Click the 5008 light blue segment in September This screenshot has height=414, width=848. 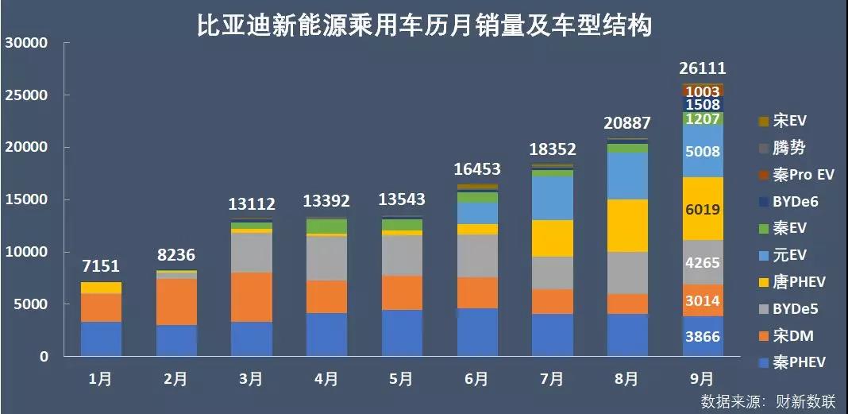[702, 152]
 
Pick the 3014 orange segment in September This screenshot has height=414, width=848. [702, 300]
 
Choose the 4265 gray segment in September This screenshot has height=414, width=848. [702, 263]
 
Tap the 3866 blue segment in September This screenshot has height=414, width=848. [702, 337]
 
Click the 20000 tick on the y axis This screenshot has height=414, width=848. [27, 148]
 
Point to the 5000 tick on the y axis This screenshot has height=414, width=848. [31, 304]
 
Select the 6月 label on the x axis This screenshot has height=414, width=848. [476, 379]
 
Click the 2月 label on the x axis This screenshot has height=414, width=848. [175, 379]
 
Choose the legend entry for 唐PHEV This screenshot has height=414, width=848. [794, 282]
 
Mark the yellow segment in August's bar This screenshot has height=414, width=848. [626, 226]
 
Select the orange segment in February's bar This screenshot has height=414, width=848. [175, 302]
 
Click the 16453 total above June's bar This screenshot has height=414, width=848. [476, 168]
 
